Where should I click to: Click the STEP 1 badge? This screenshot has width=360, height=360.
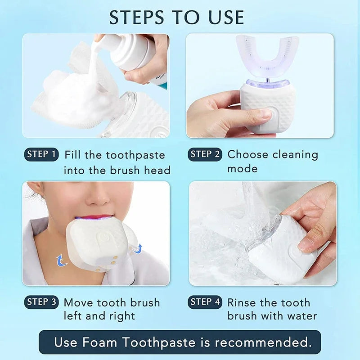point(41,154)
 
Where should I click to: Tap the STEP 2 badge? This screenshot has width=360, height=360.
point(205,154)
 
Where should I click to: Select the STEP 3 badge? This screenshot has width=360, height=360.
point(41,302)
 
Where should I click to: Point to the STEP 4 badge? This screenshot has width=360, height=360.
point(205,302)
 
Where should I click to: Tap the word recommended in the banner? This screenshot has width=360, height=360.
point(263,342)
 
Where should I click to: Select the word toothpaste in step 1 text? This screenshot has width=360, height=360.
point(135,155)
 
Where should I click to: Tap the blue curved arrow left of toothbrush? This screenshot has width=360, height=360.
point(60,260)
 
